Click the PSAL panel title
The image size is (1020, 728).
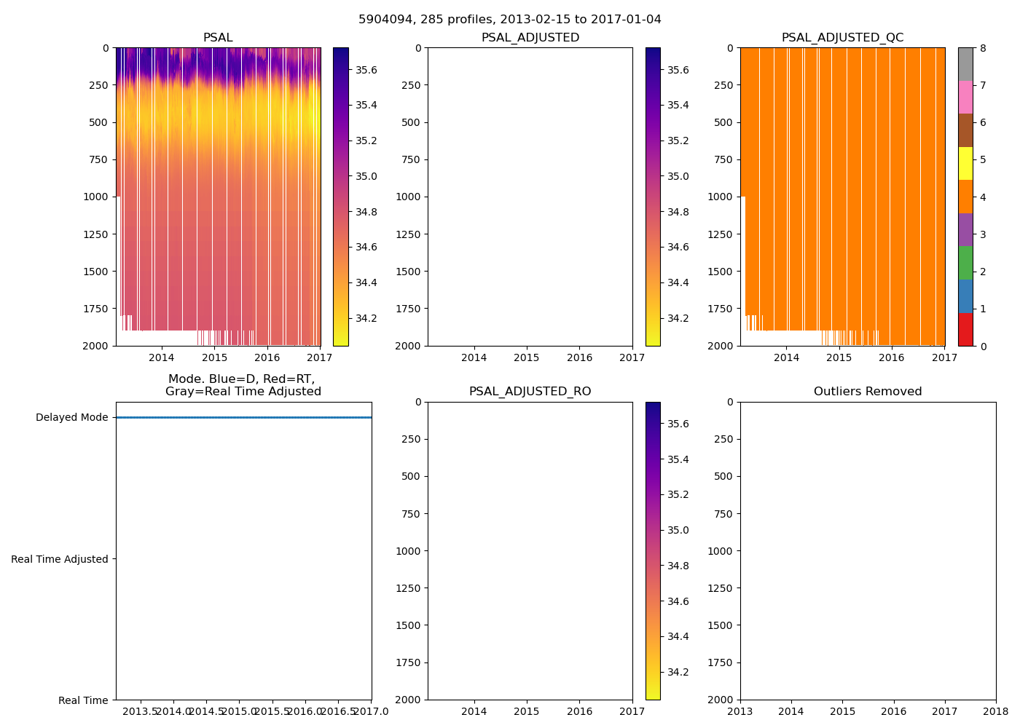pyautogui.click(x=218, y=38)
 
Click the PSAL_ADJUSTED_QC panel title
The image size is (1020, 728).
pyautogui.click(x=842, y=38)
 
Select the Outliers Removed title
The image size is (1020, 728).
pyautogui.click(x=868, y=392)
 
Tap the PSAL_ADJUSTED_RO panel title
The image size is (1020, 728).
pyautogui.click(x=530, y=392)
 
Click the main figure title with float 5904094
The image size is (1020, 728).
pyautogui.click(x=509, y=20)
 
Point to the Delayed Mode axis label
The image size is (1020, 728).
pyautogui.click(x=71, y=418)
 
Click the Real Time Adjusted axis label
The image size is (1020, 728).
pyautogui.click(x=60, y=559)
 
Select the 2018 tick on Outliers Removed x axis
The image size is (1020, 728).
pyautogui.click(x=996, y=711)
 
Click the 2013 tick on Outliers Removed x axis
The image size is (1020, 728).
pyautogui.click(x=740, y=711)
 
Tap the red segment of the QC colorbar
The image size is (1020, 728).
pyautogui.click(x=965, y=329)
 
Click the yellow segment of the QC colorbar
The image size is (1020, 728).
pyautogui.click(x=965, y=163)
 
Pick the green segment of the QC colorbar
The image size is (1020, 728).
pyautogui.click(x=965, y=263)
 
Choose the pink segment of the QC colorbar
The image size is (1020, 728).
pyautogui.click(x=965, y=97)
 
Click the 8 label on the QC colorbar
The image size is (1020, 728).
pyautogui.click(x=983, y=48)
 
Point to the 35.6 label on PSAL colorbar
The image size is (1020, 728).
pyautogui.click(x=366, y=70)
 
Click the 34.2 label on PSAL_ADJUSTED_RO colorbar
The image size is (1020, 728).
pyautogui.click(x=678, y=672)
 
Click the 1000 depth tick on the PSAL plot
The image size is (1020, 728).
pyautogui.click(x=96, y=197)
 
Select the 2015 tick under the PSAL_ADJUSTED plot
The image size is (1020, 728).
pyautogui.click(x=527, y=357)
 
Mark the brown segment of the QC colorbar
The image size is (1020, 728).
pyautogui.click(x=965, y=130)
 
